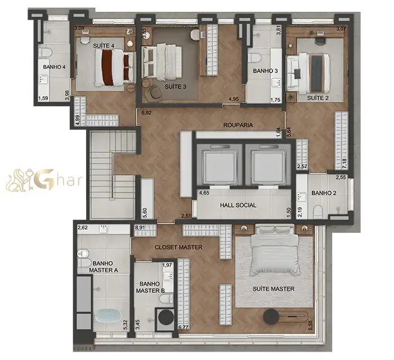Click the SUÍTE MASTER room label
point(274,289)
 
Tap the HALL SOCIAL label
point(238,205)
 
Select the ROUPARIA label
point(238,125)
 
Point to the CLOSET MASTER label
point(178,247)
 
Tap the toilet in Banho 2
point(318,211)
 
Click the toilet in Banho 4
point(46,52)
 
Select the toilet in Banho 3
point(254,58)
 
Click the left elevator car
point(220,166)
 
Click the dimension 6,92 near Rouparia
point(146,113)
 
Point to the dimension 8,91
point(140,228)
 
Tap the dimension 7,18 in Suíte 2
point(344,163)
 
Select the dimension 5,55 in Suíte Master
point(311,326)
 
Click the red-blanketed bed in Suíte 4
point(115,67)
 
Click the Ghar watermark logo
point(44,180)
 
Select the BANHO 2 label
point(324,193)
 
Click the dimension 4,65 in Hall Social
point(204,193)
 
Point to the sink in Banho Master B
point(169,277)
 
